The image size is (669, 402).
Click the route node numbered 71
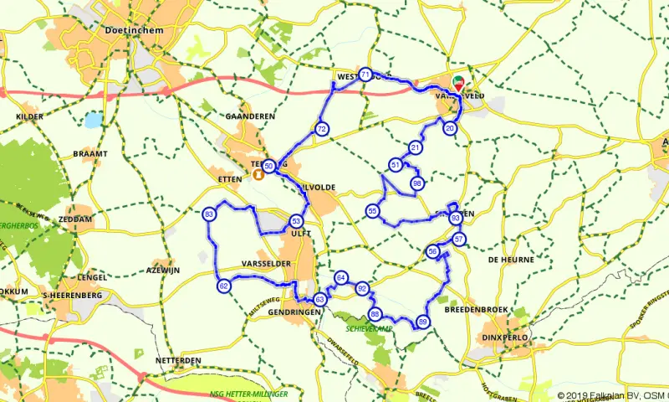pos(365,75)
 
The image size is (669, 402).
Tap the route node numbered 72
pos(321,129)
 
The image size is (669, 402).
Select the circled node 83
pos(208,216)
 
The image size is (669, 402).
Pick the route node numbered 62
pos(223,286)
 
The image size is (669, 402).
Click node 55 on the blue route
pos(372,211)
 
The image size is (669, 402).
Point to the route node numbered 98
pos(416,183)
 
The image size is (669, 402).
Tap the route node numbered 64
pos(340,277)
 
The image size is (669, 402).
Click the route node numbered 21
pos(415,148)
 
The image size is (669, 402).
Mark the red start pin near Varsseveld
pos(458,84)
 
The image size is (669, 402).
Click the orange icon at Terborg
pos(259,175)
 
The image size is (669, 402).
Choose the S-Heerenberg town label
pos(72,296)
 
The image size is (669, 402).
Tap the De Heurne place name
pos(510,260)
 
